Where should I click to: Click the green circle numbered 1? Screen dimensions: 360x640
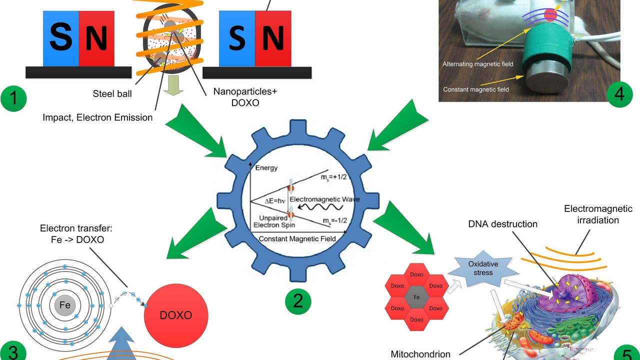click(14, 98)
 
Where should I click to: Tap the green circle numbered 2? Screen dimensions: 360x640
click(298, 301)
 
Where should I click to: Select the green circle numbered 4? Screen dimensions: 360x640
click(619, 93)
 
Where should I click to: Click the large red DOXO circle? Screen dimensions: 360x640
click(176, 315)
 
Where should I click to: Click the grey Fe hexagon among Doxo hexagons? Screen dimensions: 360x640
click(416, 297)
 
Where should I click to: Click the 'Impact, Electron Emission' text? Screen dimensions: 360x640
click(97, 117)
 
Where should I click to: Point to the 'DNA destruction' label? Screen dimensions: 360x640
click(502, 224)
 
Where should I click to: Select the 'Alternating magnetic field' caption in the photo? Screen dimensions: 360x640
click(478, 64)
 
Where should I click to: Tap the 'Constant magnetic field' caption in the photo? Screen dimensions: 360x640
click(476, 89)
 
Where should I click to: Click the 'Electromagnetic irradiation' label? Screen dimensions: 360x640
click(598, 214)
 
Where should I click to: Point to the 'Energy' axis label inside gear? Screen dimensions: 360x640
click(266, 168)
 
